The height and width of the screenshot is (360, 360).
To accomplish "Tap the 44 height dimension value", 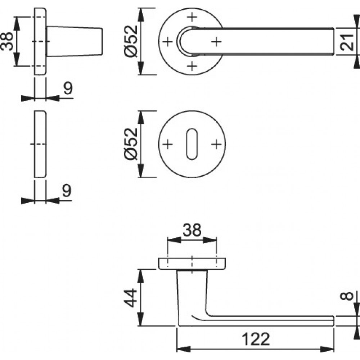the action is coord(131,298).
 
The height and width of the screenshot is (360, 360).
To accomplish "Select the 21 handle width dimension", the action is coord(347,42).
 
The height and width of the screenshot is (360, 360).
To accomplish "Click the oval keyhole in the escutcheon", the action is coord(192,144).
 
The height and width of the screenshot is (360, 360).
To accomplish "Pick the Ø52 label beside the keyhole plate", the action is coord(131,144).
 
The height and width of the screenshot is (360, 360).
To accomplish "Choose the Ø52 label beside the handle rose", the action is coord(131,41).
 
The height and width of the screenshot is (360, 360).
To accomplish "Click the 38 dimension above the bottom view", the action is coord(192,230).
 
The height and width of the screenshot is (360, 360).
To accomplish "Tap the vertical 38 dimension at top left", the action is coord(6,41).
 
